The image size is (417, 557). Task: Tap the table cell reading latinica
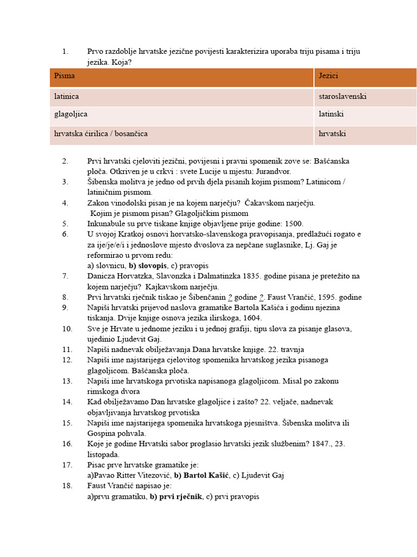(66, 96)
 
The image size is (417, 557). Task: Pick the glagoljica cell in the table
(71, 115)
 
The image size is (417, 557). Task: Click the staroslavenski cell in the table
(343, 96)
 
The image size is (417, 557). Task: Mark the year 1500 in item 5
(294, 224)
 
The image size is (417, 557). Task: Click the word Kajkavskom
(169, 287)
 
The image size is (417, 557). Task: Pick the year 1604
(251, 318)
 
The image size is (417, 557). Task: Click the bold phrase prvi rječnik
(179, 496)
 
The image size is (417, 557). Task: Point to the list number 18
(67, 486)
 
